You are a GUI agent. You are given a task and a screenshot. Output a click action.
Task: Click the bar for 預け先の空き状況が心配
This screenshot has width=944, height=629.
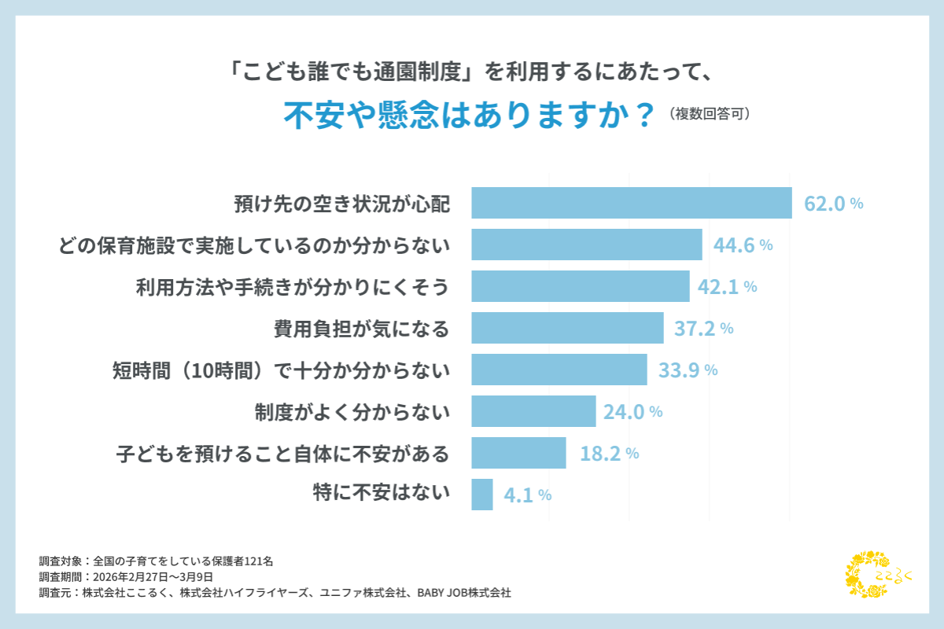631,203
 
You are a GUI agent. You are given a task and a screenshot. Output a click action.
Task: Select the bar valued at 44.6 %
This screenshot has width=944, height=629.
586,245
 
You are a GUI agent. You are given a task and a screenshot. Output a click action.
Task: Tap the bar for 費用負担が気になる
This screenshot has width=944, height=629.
567,328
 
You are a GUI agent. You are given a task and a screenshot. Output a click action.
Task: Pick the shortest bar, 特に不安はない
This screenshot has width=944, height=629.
482,495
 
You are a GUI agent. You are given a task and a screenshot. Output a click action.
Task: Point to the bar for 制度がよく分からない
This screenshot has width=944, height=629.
533,411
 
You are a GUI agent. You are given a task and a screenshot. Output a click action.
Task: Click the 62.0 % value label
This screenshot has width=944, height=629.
833,204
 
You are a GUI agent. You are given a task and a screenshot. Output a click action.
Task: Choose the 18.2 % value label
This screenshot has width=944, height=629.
608,454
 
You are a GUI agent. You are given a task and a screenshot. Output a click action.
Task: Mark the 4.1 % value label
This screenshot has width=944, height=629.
527,495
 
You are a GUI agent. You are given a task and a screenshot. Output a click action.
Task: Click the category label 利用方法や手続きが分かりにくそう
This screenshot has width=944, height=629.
293,287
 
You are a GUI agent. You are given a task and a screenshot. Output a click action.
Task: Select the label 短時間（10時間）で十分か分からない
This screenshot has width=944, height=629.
282,370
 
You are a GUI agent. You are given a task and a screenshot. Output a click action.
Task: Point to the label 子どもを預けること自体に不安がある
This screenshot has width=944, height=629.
282,454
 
